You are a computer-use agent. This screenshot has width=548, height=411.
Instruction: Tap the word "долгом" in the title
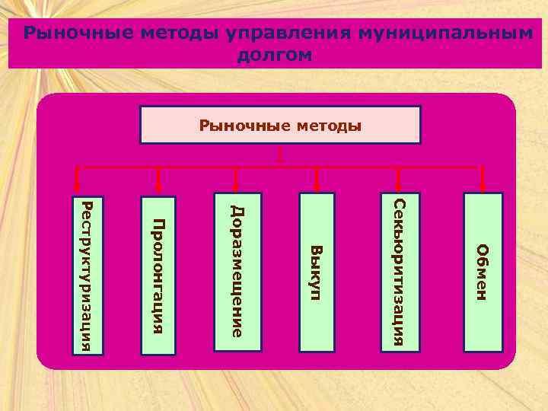275,55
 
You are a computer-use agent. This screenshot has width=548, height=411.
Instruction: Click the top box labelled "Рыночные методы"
280,125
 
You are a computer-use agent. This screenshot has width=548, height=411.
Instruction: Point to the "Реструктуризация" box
87,273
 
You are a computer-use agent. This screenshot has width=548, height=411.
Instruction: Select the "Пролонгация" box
158,275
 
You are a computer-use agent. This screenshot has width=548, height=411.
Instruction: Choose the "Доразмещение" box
237,272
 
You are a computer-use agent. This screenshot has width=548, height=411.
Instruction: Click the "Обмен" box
483,272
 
